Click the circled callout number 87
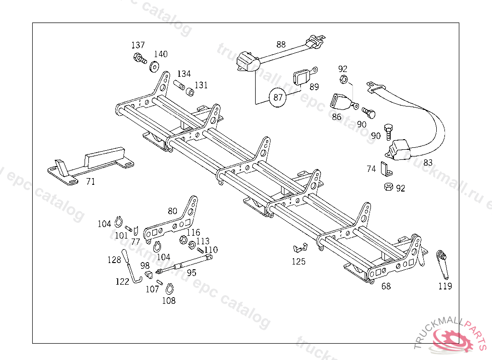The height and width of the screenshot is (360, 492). pyautogui.click(x=278, y=97)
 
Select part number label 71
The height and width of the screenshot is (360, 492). pyautogui.click(x=90, y=181)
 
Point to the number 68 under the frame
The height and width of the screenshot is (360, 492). pyautogui.click(x=386, y=286)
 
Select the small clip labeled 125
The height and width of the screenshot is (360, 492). pyautogui.click(x=299, y=248)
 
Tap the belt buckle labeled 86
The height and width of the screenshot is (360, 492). pyautogui.click(x=342, y=102)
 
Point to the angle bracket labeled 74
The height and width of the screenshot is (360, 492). pyautogui.click(x=384, y=168)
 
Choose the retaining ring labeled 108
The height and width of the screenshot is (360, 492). pyautogui.click(x=169, y=289)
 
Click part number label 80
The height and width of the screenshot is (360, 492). pyautogui.click(x=172, y=211)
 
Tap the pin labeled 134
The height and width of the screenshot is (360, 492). pyautogui.click(x=179, y=86)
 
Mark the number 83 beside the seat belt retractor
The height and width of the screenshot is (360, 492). pyautogui.click(x=428, y=162)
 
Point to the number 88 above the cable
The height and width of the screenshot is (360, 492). pyautogui.click(x=281, y=45)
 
